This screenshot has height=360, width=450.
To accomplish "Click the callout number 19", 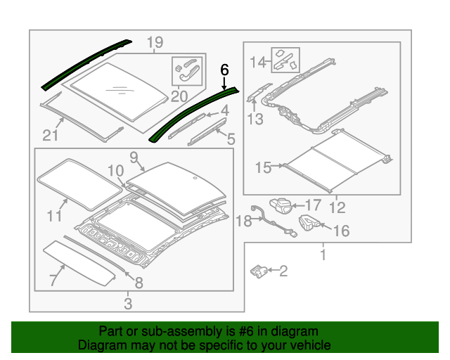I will click(155, 44).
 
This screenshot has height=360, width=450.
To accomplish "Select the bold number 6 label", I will click(225, 70).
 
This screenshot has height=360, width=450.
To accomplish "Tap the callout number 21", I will click(49, 135).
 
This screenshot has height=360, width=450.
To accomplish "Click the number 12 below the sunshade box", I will click(337, 207).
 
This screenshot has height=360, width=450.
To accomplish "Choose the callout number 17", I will click(313, 205).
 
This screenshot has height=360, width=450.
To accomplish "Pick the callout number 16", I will click(340, 230).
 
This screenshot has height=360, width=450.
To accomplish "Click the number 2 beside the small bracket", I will click(283, 270).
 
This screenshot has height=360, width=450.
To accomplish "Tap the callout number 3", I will click(127, 304).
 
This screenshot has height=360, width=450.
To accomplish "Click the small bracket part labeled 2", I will click(259, 269).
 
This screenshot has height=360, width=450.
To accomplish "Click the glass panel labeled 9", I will click(176, 184).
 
